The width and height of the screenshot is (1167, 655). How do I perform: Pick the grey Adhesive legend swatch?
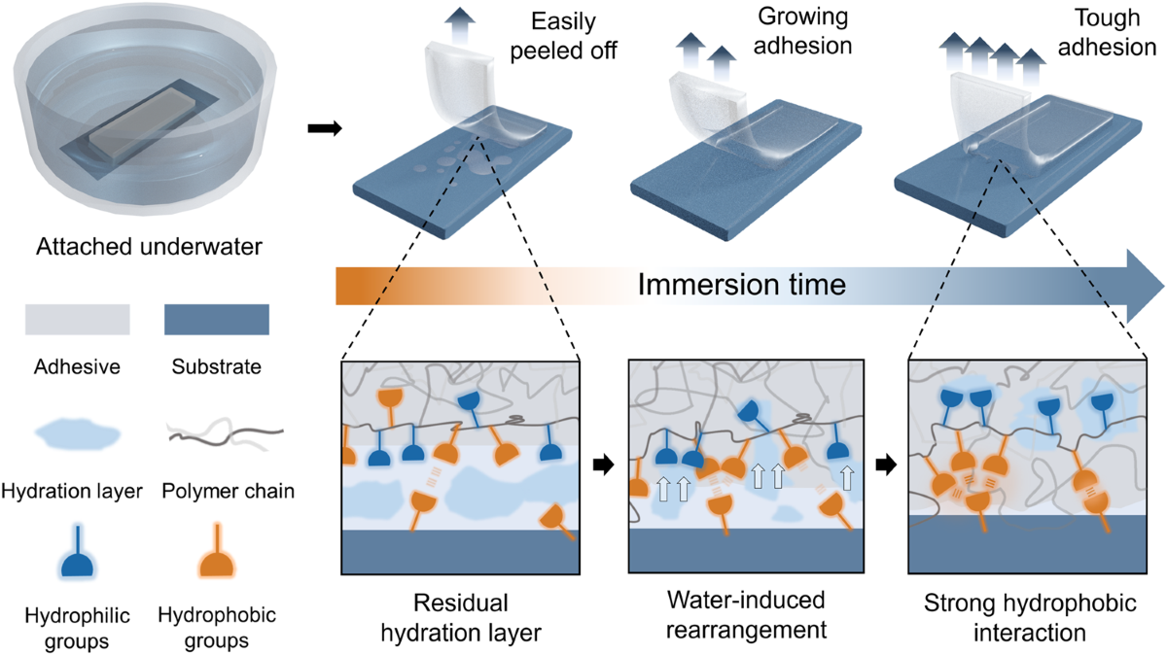pyautogui.click(x=78, y=318)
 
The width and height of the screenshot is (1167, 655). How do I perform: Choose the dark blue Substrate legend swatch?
pyautogui.click(x=216, y=318)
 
